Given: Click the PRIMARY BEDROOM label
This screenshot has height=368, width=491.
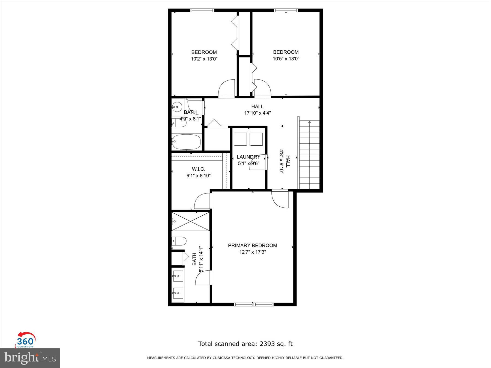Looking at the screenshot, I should click(x=252, y=245).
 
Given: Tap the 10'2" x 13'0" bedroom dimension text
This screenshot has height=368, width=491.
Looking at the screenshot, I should click(x=204, y=59).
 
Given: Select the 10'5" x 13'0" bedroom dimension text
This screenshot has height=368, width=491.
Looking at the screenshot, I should click(x=286, y=59).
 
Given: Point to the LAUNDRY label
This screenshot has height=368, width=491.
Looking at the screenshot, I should click(x=248, y=157).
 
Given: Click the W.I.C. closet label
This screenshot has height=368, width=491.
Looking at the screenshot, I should click(x=198, y=169).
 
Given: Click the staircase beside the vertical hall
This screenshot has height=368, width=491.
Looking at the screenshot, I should click(x=309, y=155).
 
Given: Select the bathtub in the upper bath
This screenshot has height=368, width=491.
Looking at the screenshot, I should click(x=186, y=142).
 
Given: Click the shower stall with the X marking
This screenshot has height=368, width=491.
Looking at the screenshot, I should click(x=190, y=221).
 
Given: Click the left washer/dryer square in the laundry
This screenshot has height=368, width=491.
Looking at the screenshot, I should click(x=240, y=139).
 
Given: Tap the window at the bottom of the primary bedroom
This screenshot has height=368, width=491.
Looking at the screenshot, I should click(x=254, y=304).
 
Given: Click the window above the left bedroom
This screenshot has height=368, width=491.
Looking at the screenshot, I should click(x=202, y=10).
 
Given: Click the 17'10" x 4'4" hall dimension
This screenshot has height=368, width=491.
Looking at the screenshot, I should click(x=257, y=113).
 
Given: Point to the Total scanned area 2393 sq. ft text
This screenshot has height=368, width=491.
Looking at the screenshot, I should click(x=245, y=344).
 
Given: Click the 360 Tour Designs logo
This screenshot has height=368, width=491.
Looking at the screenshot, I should click(x=25, y=340).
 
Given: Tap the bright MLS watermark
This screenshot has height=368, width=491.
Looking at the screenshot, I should click(x=30, y=358).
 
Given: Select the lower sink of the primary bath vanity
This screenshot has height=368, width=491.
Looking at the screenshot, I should click(x=178, y=293).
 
